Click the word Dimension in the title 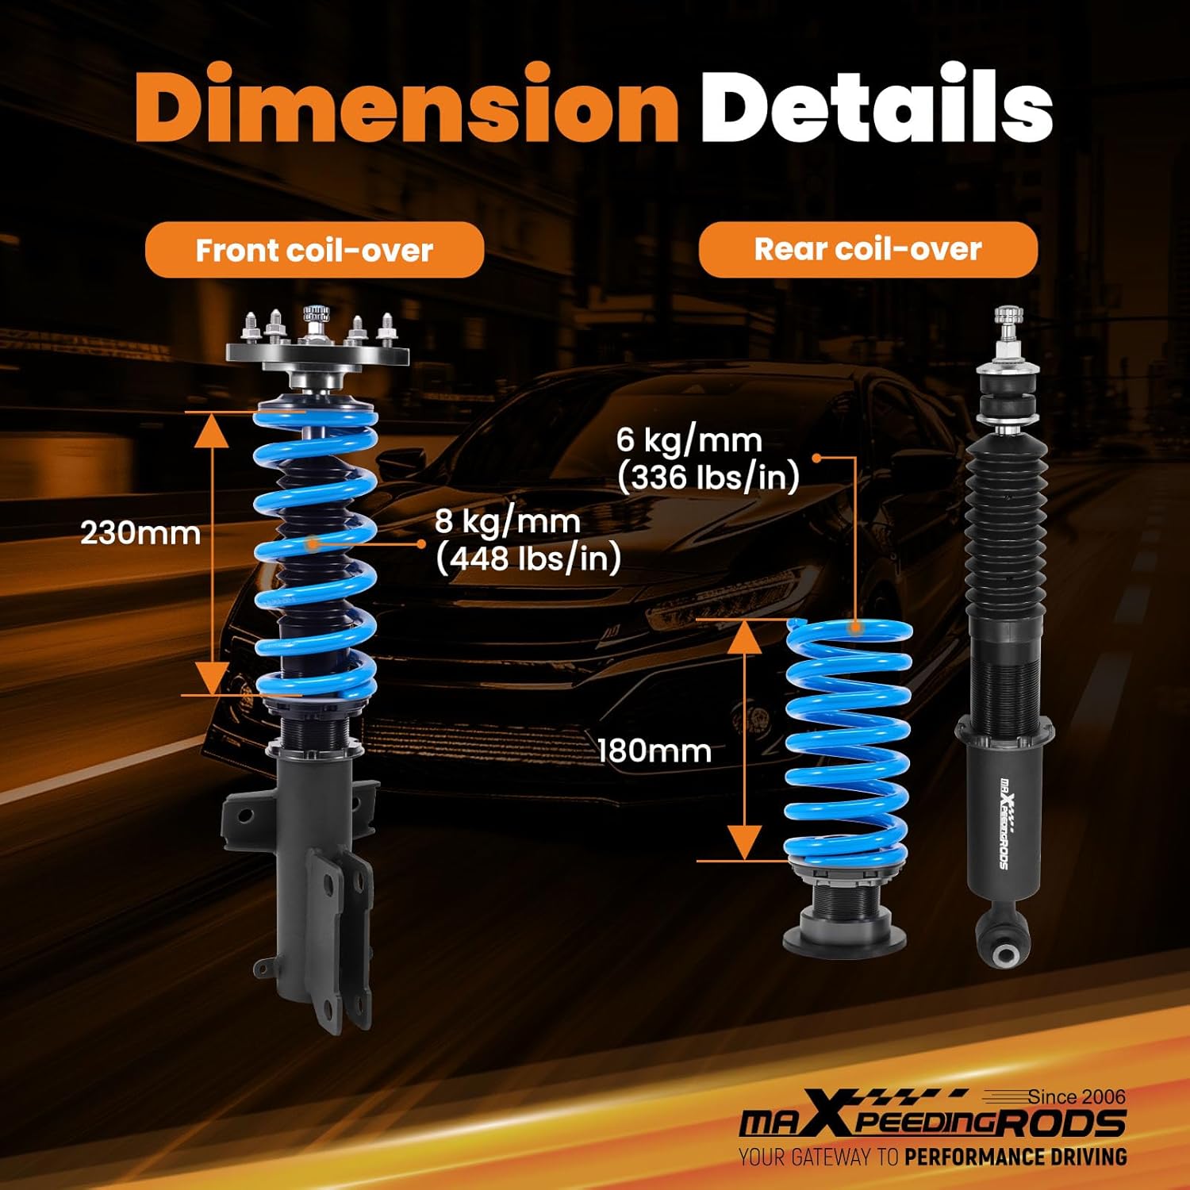(405, 106)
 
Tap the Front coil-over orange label (314, 250)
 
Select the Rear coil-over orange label (867, 249)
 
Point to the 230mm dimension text (140, 533)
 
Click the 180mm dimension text (654, 750)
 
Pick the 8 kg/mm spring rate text (508, 522)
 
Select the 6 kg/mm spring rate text (689, 440)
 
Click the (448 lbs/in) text (528, 559)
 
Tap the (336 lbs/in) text (708, 478)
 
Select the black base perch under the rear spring (844, 932)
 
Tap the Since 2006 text (1076, 1097)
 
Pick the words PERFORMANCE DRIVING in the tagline (1015, 1157)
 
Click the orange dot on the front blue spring (313, 544)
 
